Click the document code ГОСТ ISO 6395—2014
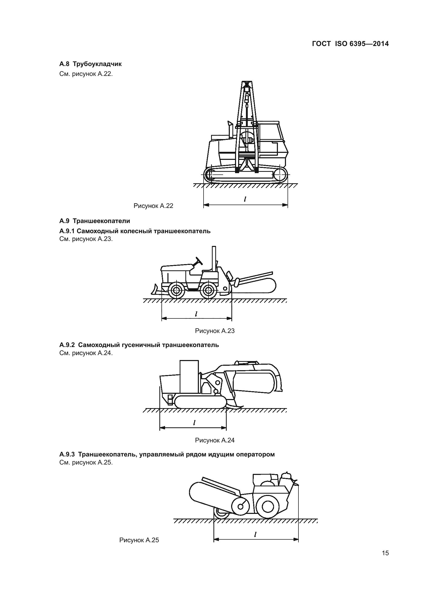[x=350, y=44]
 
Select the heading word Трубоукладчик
[x=97, y=64]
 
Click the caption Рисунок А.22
[x=153, y=206]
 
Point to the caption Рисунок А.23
[x=215, y=331]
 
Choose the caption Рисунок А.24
[x=215, y=440]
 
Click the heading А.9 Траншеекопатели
[x=95, y=221]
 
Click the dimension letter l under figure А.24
[x=194, y=423]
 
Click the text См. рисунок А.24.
[x=86, y=353]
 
